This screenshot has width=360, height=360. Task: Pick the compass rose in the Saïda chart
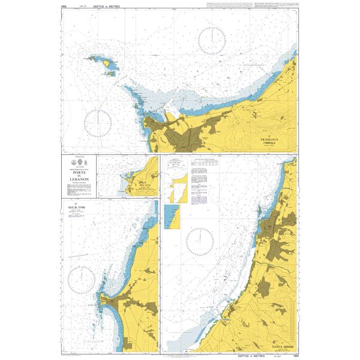pos(199,242)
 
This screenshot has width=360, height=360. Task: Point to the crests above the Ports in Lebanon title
pos(79,163)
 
